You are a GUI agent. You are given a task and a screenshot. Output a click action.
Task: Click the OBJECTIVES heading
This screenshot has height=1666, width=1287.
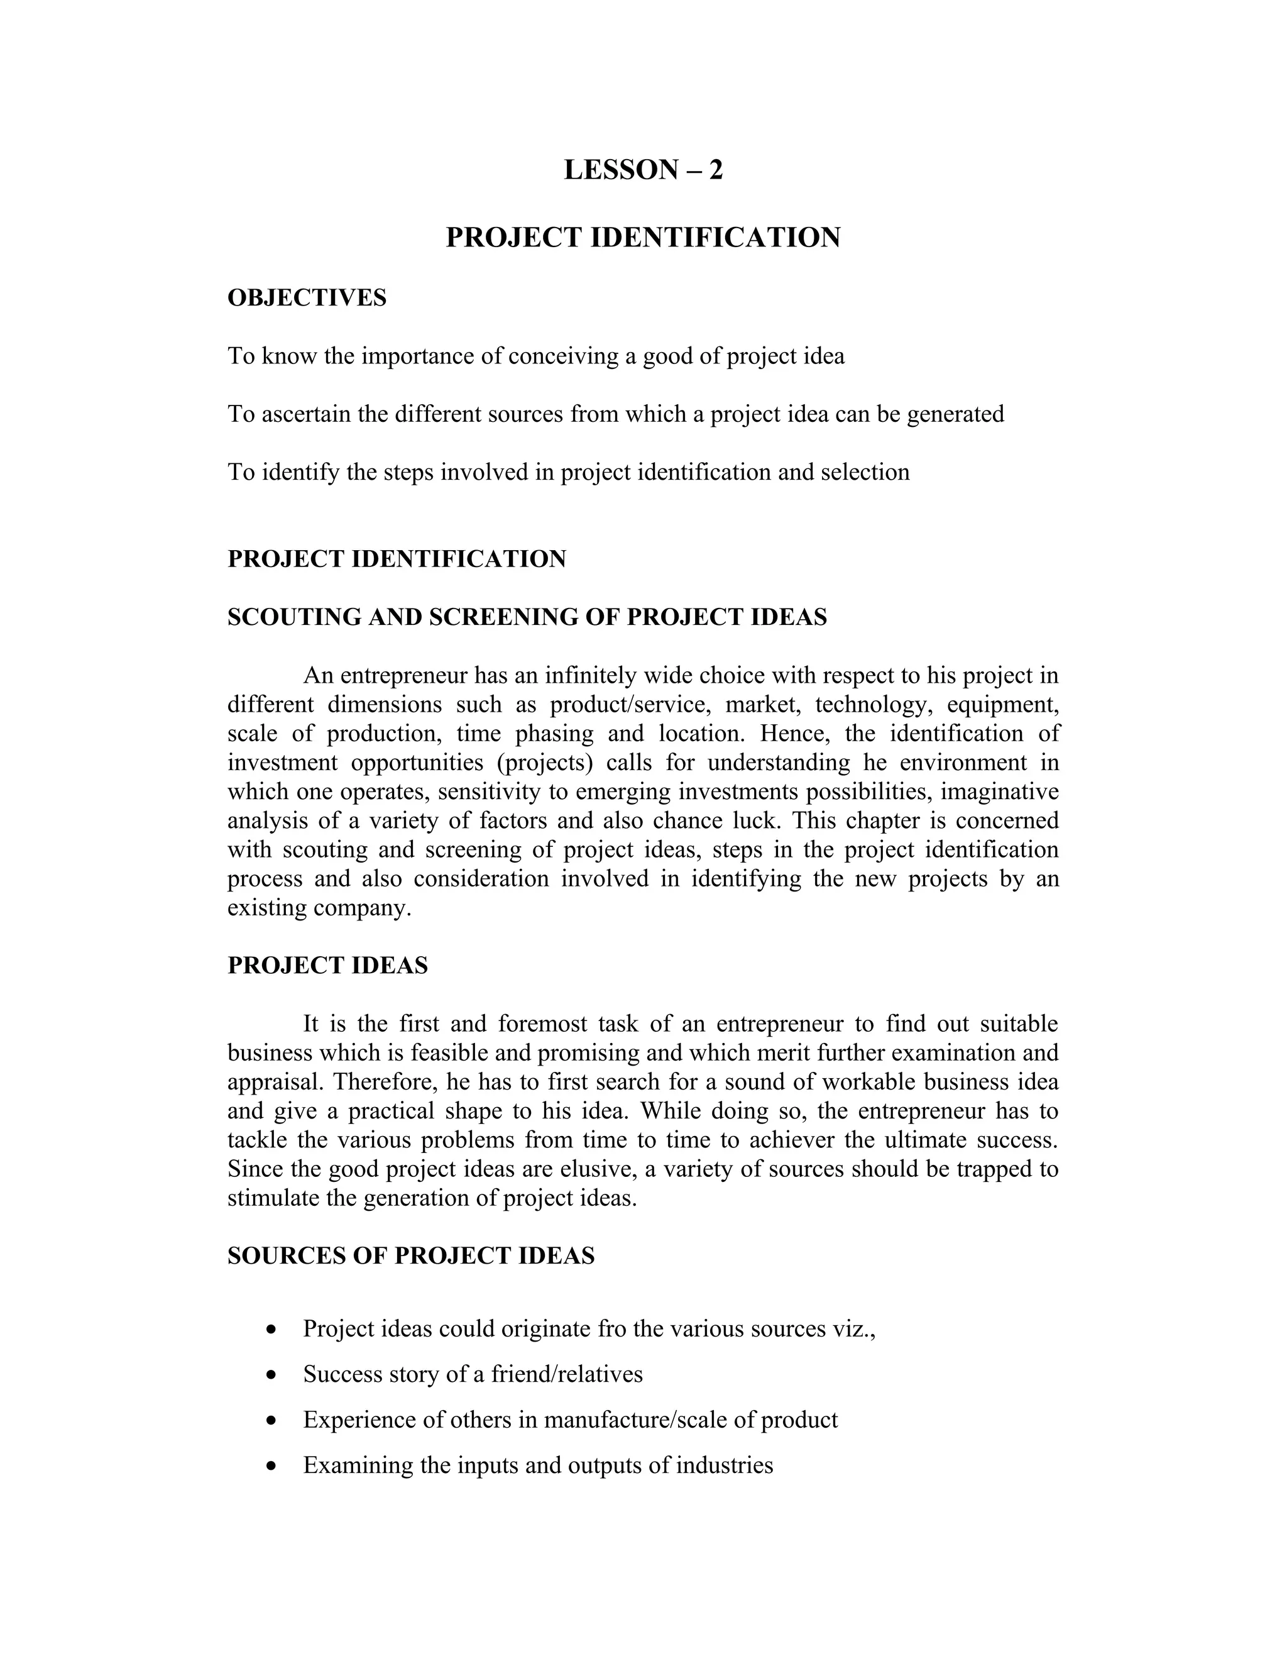[x=307, y=297]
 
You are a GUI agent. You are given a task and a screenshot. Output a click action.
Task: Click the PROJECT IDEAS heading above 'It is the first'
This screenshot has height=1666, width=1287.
[x=328, y=965]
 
